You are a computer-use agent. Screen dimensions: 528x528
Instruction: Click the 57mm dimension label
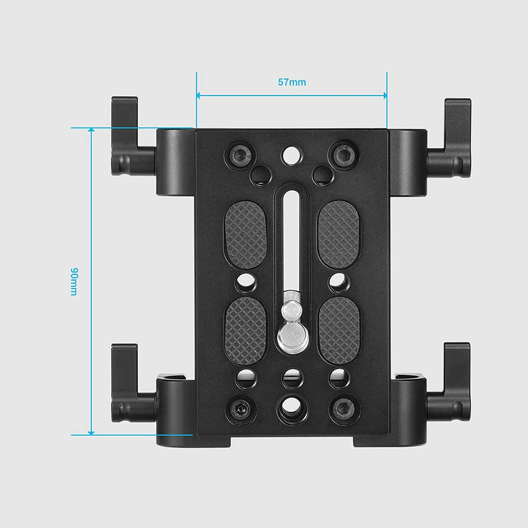pyautogui.click(x=292, y=82)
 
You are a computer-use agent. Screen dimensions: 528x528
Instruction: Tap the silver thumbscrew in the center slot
pyautogui.click(x=290, y=331)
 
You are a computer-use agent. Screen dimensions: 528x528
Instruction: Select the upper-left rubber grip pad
pyautogui.click(x=245, y=234)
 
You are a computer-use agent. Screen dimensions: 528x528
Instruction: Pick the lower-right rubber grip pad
pyautogui.click(x=339, y=330)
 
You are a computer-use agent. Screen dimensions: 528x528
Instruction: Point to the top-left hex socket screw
pyautogui.click(x=240, y=154)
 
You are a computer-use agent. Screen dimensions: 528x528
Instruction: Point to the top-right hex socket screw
pyautogui.click(x=344, y=154)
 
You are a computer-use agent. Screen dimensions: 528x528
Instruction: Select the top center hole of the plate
pyautogui.click(x=292, y=154)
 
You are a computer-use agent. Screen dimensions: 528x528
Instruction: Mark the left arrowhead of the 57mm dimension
pyautogui.click(x=200, y=95)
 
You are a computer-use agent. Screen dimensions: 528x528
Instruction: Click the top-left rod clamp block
pyautogui.click(x=175, y=162)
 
